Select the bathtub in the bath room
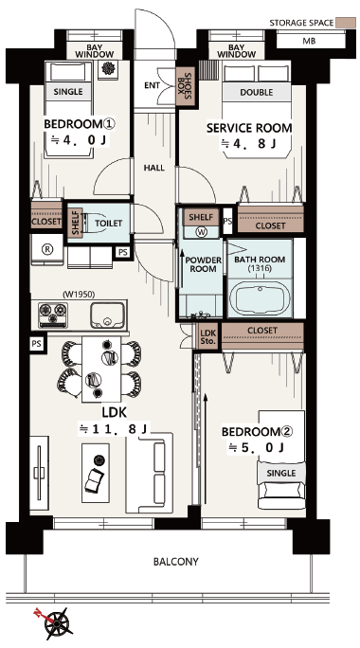click(260, 297)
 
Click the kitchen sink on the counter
click(107, 315)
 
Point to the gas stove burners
click(53, 315)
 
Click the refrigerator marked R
click(47, 249)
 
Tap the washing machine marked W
click(201, 232)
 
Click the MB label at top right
click(309, 41)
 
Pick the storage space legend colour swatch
click(346, 23)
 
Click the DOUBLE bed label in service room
click(256, 92)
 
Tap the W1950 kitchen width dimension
click(79, 295)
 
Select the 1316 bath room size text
click(260, 268)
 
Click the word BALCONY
click(175, 562)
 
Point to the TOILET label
click(109, 224)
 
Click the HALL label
click(154, 168)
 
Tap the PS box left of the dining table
click(37, 343)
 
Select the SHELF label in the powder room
click(201, 217)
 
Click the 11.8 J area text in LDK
click(115, 429)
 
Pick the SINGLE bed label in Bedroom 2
click(281, 473)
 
